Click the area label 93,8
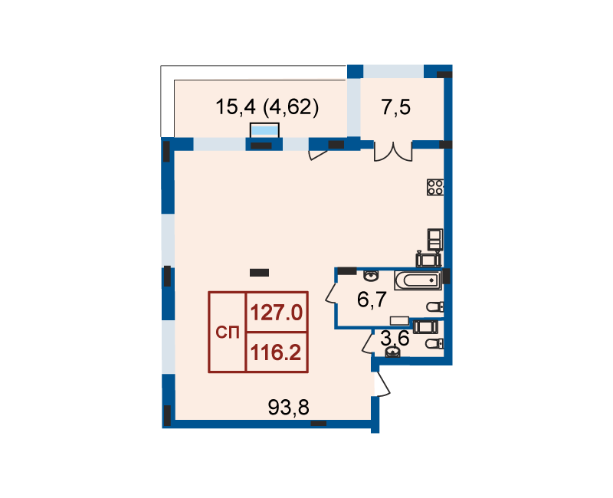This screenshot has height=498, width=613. (289, 408)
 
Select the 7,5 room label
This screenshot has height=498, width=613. (395, 106)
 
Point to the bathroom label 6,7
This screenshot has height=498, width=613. (372, 300)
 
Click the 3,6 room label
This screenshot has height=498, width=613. (395, 338)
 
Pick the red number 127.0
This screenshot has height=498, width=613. (277, 313)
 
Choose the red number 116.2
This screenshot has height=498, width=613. (276, 352)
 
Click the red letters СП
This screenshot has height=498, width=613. (228, 333)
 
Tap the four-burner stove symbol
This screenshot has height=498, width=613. (435, 187)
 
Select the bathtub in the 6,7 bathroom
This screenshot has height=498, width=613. (418, 280)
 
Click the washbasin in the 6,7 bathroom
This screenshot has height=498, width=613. (371, 276)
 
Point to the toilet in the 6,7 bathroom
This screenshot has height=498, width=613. (435, 307)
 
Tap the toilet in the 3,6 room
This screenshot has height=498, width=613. (434, 344)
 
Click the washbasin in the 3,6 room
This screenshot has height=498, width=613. (392, 352)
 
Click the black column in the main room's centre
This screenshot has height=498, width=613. (259, 273)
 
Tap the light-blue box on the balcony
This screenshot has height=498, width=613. (264, 130)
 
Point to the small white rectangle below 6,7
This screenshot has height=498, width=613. (399, 321)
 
